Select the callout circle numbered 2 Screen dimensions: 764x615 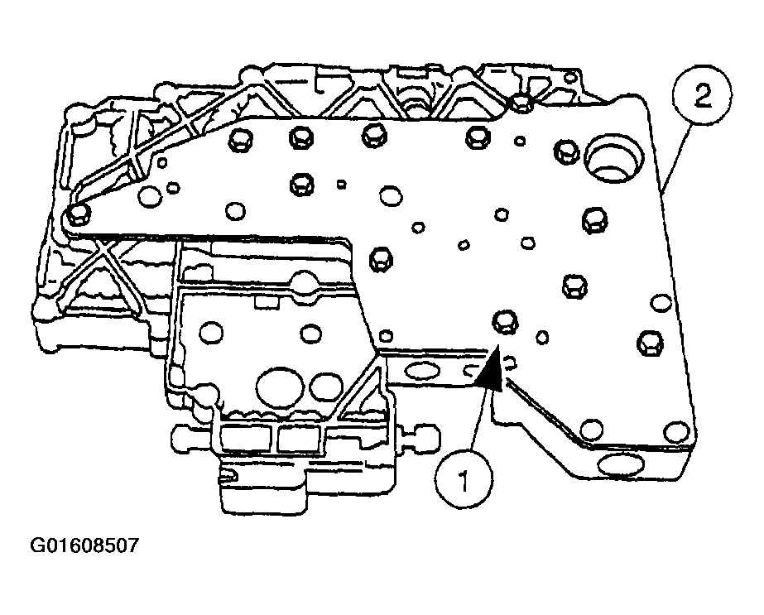(699, 98)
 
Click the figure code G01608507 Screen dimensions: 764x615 (84, 546)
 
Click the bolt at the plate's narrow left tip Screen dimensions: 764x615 (79, 215)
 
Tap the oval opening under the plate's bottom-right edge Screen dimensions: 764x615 (622, 465)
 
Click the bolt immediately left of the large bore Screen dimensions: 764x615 (566, 149)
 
